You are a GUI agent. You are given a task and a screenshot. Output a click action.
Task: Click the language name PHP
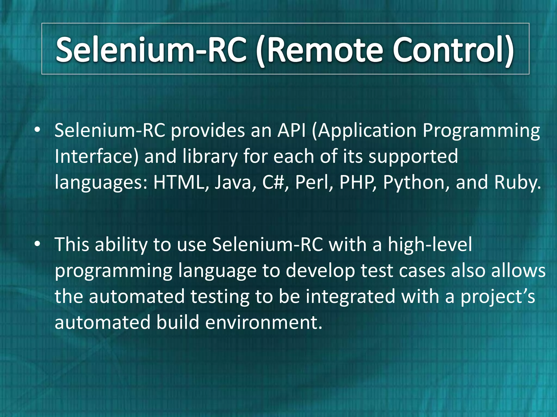(x=357, y=182)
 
